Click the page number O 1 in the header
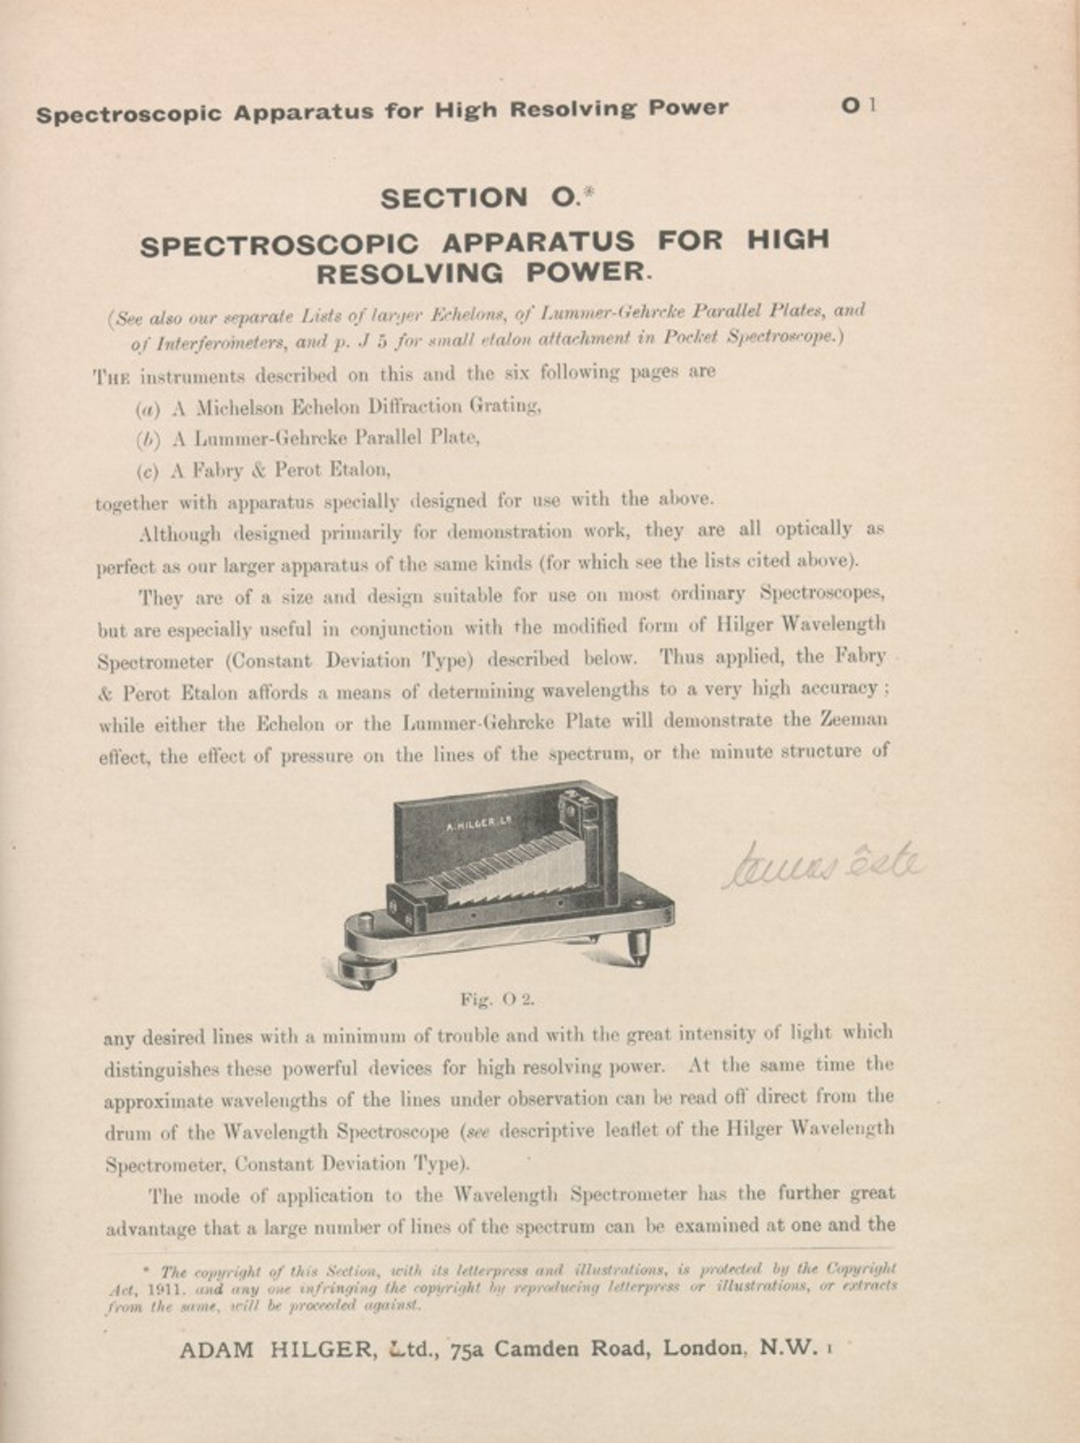click(859, 105)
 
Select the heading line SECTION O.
click(486, 198)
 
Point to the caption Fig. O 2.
click(497, 999)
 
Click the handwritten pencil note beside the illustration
click(822, 864)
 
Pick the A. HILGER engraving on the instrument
click(481, 824)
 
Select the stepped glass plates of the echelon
click(518, 867)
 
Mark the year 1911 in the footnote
click(155, 1286)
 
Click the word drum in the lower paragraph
click(125, 1131)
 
